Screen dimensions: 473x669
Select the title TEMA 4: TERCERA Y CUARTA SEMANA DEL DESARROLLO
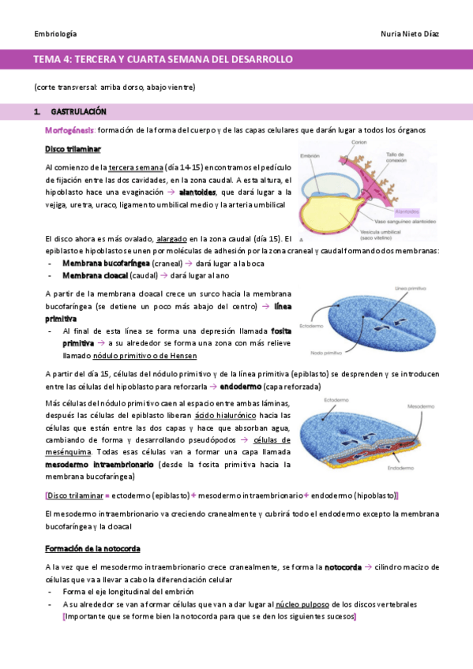[x=163, y=59]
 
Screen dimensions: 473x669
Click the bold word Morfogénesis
[x=70, y=129]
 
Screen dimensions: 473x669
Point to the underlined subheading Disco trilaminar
[x=73, y=149]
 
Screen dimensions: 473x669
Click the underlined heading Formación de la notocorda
[x=92, y=548]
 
